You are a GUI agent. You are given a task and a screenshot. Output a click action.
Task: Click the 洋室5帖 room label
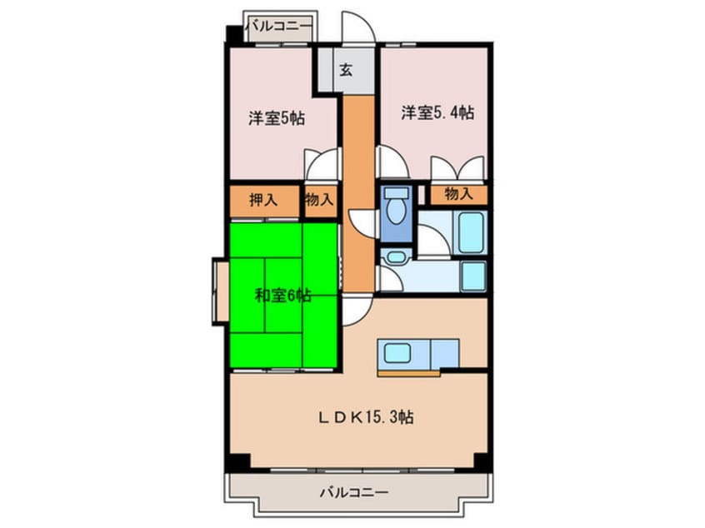pos(275,118)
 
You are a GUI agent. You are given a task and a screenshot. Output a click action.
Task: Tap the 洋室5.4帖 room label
pos(437,113)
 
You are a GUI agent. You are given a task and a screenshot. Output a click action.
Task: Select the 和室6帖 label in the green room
pos(282,294)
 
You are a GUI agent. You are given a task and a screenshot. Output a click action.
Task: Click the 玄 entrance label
pos(345,70)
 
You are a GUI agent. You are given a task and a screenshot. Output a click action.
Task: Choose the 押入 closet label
pos(264,200)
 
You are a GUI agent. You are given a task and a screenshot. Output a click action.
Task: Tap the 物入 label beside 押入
pos(319,200)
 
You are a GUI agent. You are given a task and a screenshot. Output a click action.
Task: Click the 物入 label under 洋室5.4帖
pos(458,195)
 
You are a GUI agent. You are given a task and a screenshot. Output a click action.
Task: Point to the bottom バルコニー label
pos(353,492)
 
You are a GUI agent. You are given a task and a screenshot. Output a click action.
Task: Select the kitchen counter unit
pos(419,354)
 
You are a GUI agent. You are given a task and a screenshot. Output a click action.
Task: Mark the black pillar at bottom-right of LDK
pos(481,461)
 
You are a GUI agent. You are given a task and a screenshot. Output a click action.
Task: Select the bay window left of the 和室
pos(221,291)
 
